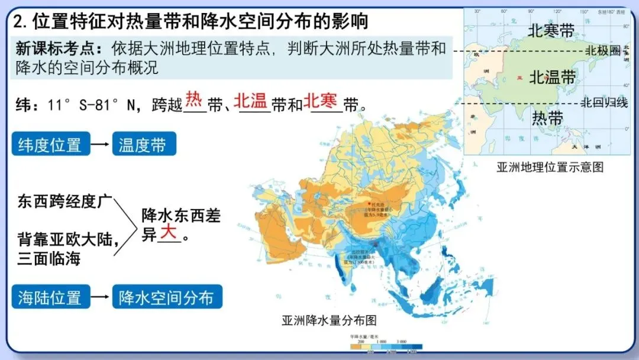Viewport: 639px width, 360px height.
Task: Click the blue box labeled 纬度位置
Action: click(50, 144)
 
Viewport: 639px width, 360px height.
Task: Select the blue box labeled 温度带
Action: click(144, 144)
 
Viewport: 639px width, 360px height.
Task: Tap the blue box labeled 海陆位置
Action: click(50, 297)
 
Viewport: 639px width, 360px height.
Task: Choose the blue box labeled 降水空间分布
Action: click(167, 297)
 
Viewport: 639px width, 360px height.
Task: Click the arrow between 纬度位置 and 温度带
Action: click(101, 144)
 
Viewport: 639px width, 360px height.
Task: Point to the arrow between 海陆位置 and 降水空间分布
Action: click(101, 297)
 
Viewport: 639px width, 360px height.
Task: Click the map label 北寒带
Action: click(551, 31)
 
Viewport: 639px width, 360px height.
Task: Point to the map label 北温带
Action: click(552, 77)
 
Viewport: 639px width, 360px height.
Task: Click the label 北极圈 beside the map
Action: click(603, 51)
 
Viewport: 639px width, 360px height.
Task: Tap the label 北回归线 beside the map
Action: click(603, 102)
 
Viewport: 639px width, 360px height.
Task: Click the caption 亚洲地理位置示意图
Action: click(550, 167)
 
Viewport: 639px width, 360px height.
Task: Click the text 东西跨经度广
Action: click(64, 201)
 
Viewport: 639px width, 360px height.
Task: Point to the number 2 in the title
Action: click(20, 22)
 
